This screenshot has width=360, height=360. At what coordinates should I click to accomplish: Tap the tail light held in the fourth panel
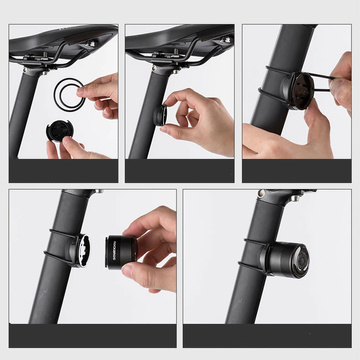pyautogui.click(x=136, y=246)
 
